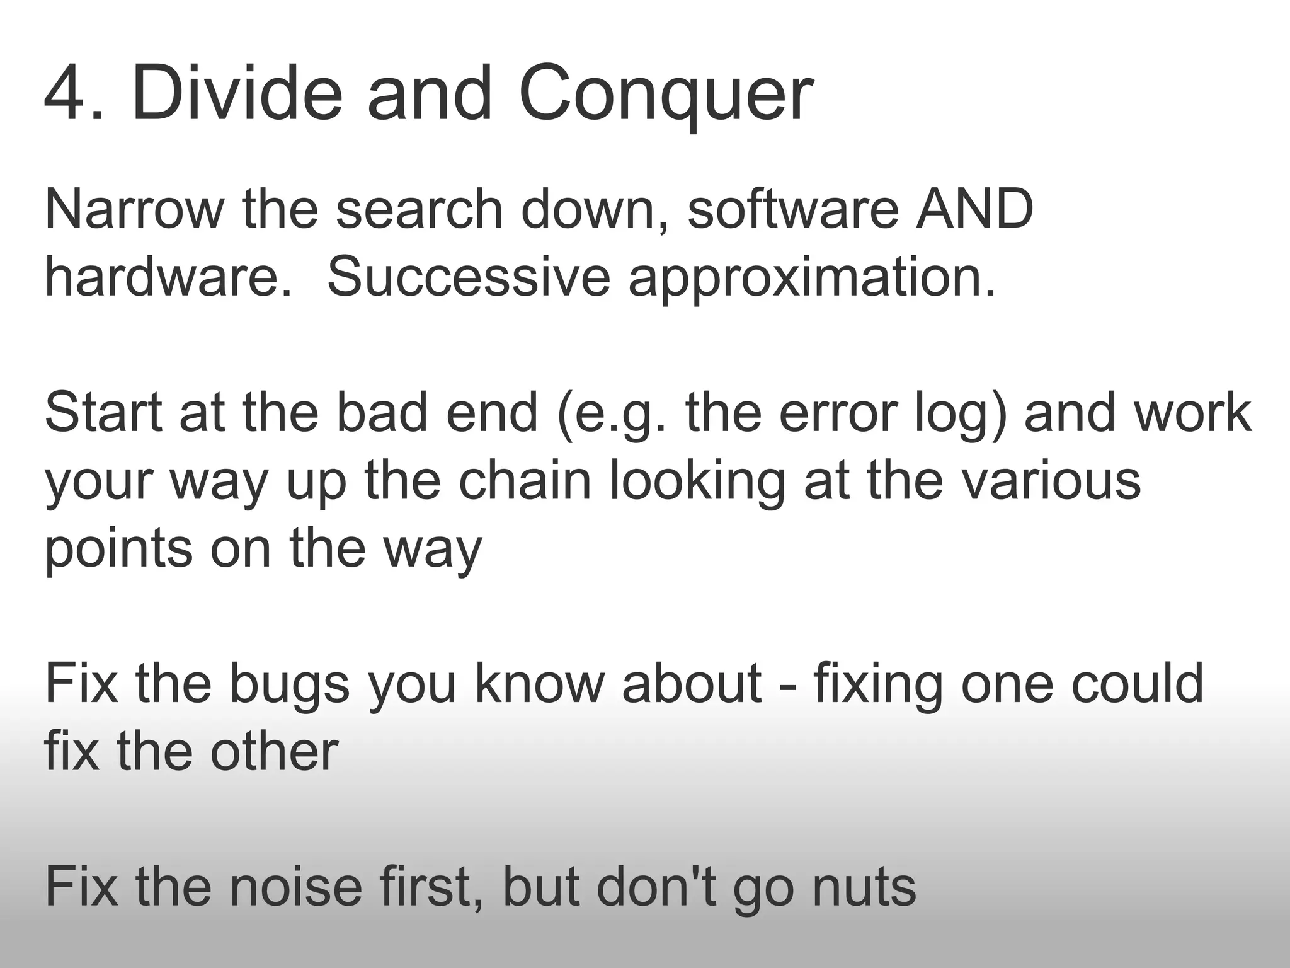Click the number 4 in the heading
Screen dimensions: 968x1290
pos(66,93)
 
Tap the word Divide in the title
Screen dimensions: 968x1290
pos(237,93)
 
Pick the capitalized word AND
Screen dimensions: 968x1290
pos(974,209)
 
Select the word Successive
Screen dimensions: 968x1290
pos(469,277)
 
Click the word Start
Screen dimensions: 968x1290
pos(104,413)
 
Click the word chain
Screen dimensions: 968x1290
pos(525,481)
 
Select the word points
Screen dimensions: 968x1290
pos(118,550)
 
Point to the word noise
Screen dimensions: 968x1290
pos(295,887)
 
